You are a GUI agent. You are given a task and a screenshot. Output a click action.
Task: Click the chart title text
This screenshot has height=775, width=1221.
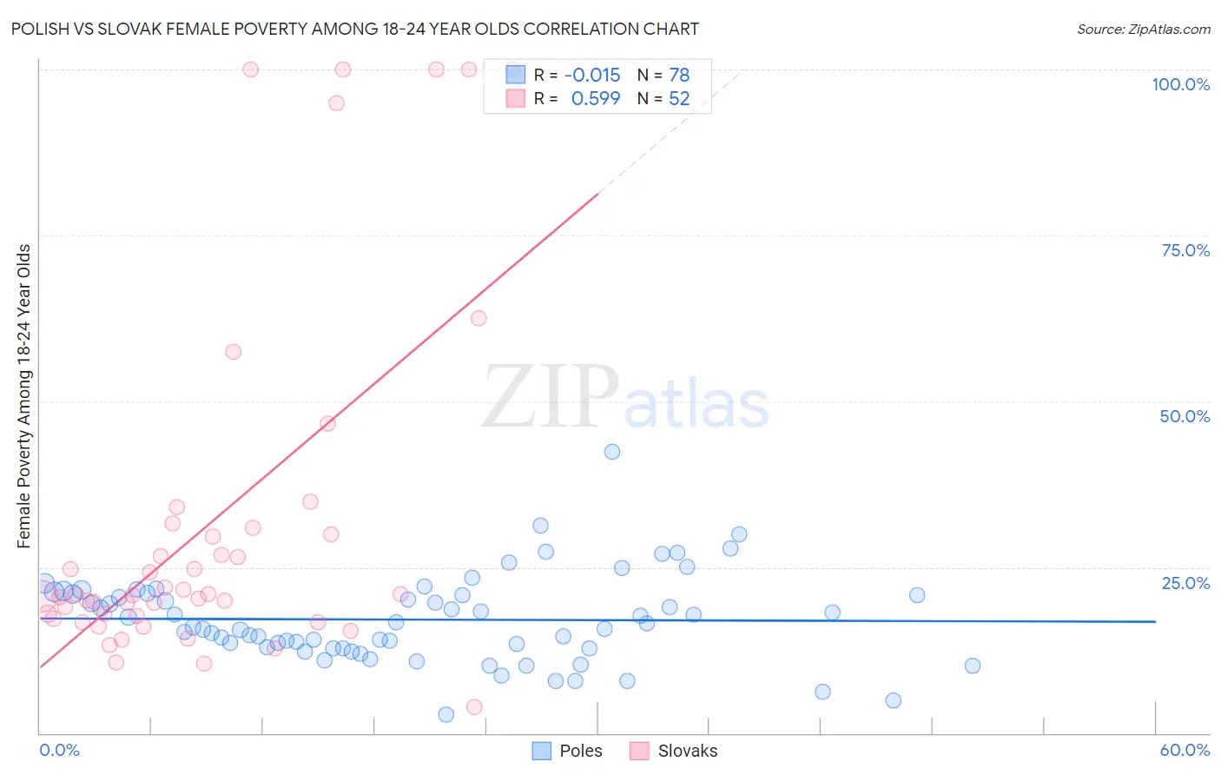tap(354, 30)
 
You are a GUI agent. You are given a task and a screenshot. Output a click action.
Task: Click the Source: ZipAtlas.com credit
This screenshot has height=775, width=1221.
tap(1143, 30)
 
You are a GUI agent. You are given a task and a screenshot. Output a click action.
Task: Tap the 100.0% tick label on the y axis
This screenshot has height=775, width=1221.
tap(1180, 84)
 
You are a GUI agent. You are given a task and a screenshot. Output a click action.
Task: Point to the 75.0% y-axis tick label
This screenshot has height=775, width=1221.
tap(1185, 250)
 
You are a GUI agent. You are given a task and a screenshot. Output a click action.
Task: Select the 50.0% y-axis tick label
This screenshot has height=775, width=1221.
tap(1185, 416)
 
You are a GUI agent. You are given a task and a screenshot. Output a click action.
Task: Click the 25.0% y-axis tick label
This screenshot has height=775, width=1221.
tap(1185, 582)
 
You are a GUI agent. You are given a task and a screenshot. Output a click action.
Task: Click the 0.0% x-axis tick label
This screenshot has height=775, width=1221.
tap(59, 750)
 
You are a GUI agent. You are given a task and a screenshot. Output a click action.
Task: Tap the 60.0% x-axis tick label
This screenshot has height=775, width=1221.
tap(1184, 750)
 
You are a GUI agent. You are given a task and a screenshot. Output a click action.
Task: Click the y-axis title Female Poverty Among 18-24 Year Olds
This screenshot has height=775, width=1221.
tap(24, 396)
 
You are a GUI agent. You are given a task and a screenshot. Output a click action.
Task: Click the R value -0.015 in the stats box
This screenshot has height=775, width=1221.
tap(592, 76)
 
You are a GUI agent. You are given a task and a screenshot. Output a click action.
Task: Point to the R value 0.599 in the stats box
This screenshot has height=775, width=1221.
tap(596, 99)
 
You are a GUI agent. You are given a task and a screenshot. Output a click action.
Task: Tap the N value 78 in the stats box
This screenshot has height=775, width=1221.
tap(679, 76)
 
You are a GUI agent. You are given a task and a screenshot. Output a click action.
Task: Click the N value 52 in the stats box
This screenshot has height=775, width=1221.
tap(679, 99)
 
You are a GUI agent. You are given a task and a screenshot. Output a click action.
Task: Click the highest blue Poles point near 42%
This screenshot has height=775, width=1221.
tap(612, 452)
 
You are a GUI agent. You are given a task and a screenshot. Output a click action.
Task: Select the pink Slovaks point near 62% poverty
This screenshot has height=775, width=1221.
tap(478, 318)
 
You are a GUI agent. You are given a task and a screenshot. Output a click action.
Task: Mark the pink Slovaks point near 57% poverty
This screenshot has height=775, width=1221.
tap(233, 352)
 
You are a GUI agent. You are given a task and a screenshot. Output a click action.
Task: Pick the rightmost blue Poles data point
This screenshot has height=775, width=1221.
tap(973, 666)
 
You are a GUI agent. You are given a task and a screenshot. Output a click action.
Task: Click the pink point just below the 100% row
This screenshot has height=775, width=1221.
tap(336, 103)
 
